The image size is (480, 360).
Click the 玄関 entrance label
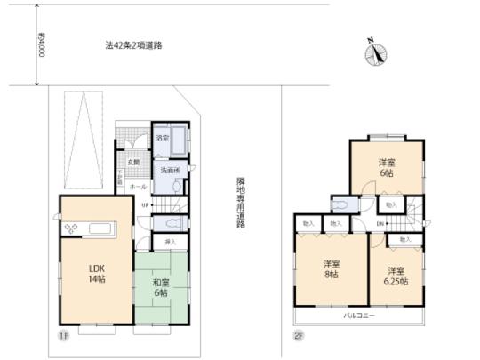click(132, 162)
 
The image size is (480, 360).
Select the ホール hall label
click(137, 187)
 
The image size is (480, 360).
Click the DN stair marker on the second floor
click(380, 225)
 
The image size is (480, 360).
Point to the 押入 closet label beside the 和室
click(170, 240)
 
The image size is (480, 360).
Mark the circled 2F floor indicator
click(298, 336)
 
